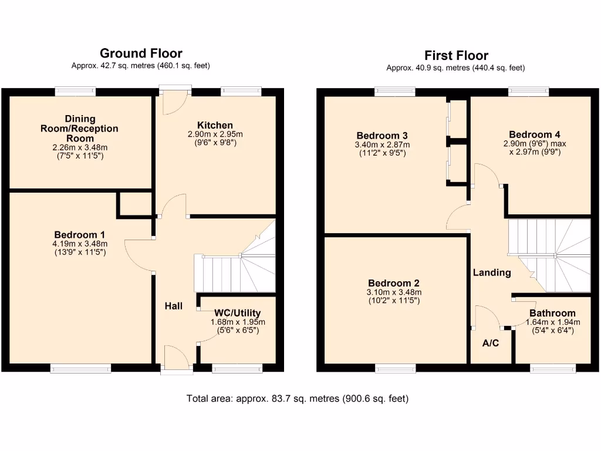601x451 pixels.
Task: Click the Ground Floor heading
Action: pyautogui.click(x=141, y=54)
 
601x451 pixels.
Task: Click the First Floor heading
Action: pyautogui.click(x=456, y=56)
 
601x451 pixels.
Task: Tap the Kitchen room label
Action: pyautogui.click(x=215, y=125)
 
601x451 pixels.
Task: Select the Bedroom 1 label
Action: pyautogui.click(x=80, y=234)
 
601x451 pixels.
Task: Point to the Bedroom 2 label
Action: pyautogui.click(x=394, y=282)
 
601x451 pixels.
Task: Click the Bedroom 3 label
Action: pyautogui.click(x=381, y=135)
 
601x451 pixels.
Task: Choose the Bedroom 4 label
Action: pyautogui.click(x=531, y=134)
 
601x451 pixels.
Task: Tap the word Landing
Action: pyautogui.click(x=492, y=272)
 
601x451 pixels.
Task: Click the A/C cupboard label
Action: pyautogui.click(x=491, y=343)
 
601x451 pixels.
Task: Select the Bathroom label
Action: pyautogui.click(x=552, y=313)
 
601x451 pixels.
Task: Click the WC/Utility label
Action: pyautogui.click(x=238, y=313)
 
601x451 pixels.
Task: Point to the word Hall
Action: pyautogui.click(x=173, y=306)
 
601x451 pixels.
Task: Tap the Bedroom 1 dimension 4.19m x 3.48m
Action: pyautogui.click(x=80, y=244)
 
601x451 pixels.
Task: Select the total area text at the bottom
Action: pyautogui.click(x=298, y=399)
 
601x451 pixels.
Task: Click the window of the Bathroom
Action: pyautogui.click(x=553, y=368)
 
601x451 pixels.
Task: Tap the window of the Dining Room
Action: pyautogui.click(x=75, y=91)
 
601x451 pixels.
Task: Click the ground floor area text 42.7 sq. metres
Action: pyautogui.click(x=141, y=66)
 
